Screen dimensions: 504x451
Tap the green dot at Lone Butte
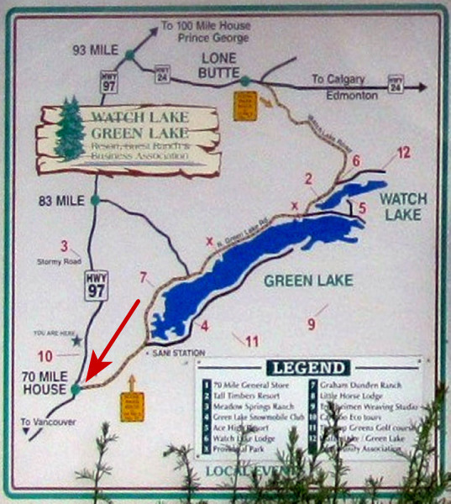[x=244, y=81]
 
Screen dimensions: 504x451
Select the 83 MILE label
[x=62, y=201]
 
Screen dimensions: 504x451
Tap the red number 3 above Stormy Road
[x=64, y=249]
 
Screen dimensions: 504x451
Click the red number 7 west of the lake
[x=144, y=277]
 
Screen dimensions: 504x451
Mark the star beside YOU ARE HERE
[x=78, y=341]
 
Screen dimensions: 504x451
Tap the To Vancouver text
[x=49, y=420]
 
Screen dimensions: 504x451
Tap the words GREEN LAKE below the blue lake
[x=308, y=281]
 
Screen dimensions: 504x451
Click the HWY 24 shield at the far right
[x=396, y=84]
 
